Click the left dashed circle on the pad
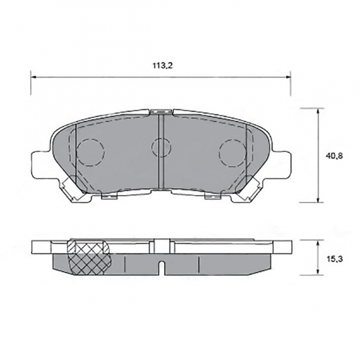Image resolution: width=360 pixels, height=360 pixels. click(90, 152)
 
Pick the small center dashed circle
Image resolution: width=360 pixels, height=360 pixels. click(161, 147)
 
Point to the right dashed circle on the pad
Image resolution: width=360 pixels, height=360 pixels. click(233, 153)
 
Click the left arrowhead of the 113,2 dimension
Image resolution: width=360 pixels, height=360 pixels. click(34, 78)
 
